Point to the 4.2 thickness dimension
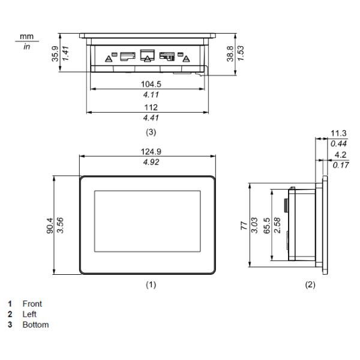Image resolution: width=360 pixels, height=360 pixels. (339, 154)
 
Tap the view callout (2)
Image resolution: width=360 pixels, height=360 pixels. (310, 285)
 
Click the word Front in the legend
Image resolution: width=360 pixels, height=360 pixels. (32, 304)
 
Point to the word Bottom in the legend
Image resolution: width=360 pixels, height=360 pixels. (35, 325)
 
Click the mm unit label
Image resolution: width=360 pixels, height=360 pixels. (26, 37)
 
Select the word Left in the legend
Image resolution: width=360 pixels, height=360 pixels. (30, 314)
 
